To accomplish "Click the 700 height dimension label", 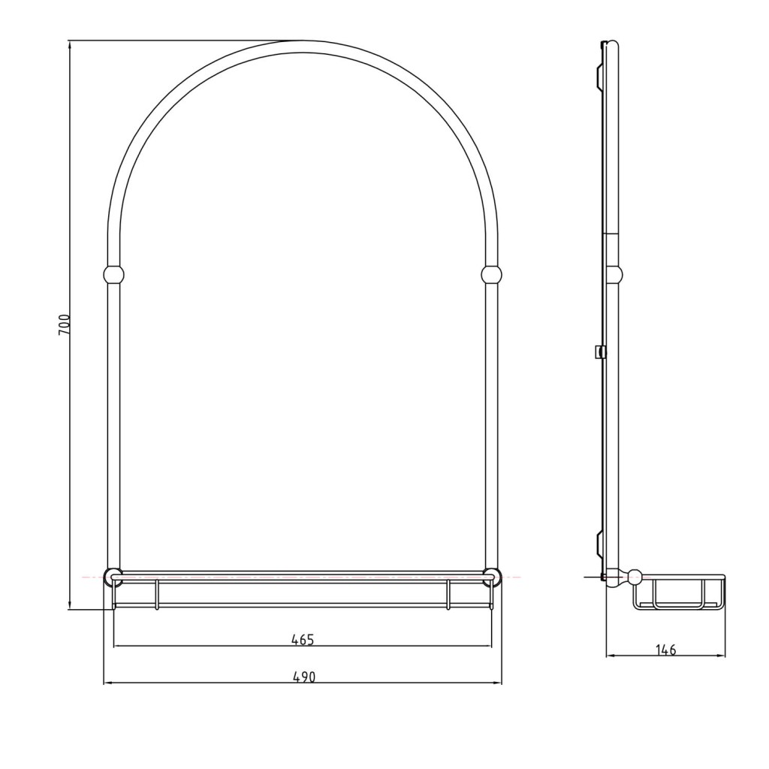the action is coord(65,324).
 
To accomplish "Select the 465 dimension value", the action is coord(302,640).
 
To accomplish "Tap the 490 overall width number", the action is coord(304,677).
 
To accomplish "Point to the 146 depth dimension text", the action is coord(665,650).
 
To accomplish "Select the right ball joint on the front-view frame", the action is coord(491,275).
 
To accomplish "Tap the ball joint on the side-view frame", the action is coord(614,275).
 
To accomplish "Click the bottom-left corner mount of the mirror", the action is coord(113,577).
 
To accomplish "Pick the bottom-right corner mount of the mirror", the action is coord(491,577).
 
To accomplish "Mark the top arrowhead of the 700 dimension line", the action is coord(70,45).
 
